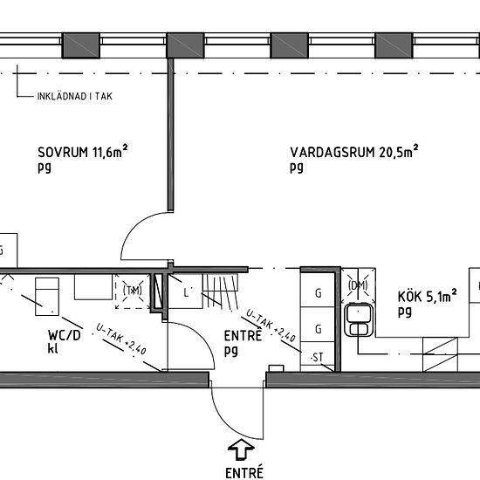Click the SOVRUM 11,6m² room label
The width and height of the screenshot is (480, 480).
pos(82,151)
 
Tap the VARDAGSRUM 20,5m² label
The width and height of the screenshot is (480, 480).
pos(353,151)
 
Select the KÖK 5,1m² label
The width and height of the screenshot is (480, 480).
pos(428,296)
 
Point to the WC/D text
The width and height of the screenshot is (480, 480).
pos(65,335)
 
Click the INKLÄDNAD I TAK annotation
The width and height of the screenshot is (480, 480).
pos(75,96)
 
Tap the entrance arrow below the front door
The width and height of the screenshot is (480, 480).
pos(241,449)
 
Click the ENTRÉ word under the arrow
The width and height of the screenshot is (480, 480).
pos(244,472)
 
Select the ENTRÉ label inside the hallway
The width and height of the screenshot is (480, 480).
pos(243,335)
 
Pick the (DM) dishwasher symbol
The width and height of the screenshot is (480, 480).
pos(358,285)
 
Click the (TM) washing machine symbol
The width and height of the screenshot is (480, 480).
pos(133,291)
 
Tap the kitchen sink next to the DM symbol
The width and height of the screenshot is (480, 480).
pos(359,319)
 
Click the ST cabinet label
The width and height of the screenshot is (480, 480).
pos(317,357)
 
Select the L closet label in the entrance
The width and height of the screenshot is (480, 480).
pos(186,293)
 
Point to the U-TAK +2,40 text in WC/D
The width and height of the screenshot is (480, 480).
pos(121,339)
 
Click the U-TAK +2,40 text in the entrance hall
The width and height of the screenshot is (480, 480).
pos(271,326)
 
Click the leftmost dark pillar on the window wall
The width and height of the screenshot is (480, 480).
pos(81,45)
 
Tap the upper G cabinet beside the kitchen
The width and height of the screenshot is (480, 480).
pos(318,293)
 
